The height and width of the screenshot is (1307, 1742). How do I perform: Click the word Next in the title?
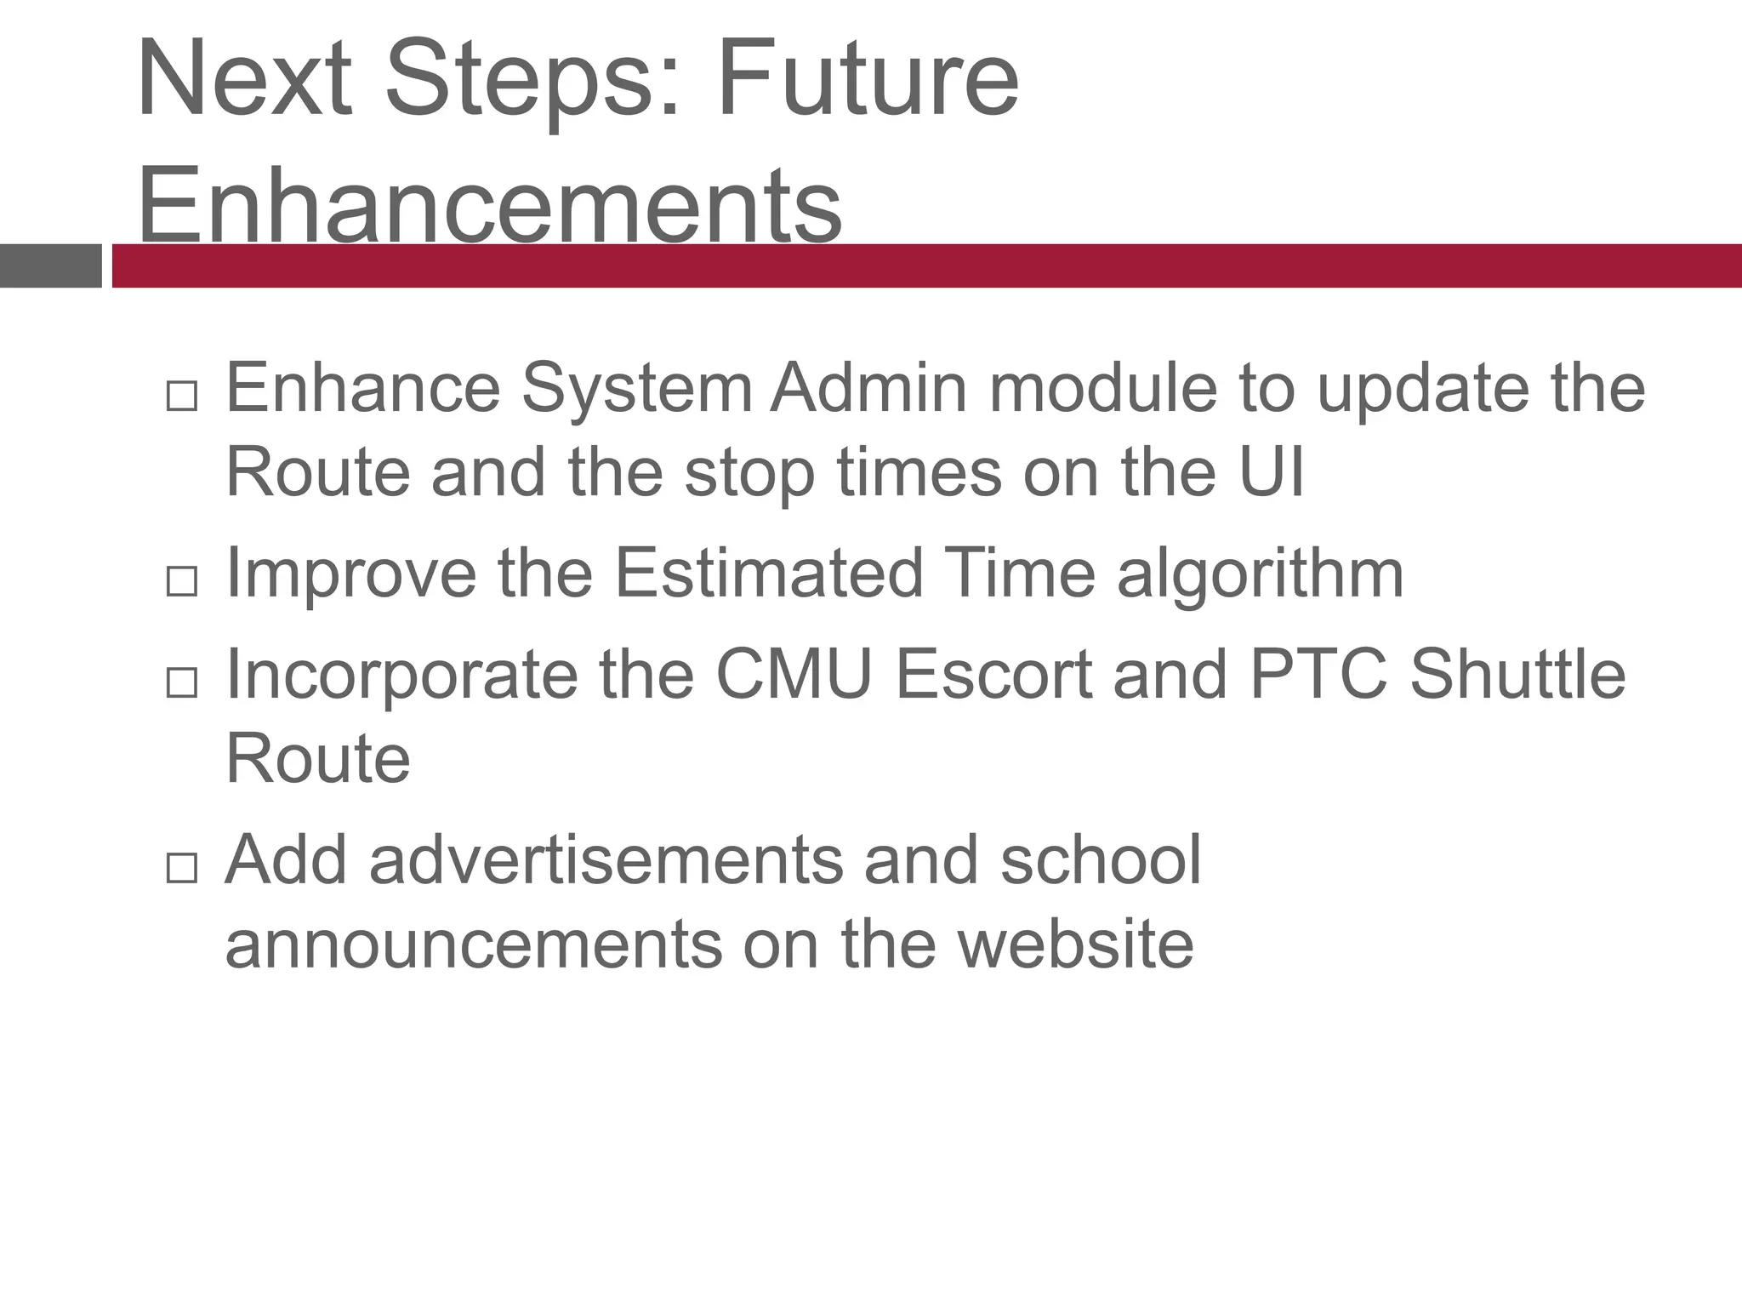click(x=244, y=78)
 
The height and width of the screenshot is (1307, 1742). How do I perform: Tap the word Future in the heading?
click(x=868, y=78)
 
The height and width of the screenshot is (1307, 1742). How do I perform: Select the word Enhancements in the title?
click(x=490, y=204)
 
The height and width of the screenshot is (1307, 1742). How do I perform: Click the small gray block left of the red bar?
click(x=50, y=265)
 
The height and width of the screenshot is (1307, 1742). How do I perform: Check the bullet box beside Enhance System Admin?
click(x=182, y=396)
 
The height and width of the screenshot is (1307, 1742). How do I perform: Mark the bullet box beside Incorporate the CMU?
click(x=182, y=682)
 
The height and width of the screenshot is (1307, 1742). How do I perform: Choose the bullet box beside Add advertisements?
click(x=182, y=868)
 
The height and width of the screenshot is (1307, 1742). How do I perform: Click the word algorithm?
click(x=1260, y=574)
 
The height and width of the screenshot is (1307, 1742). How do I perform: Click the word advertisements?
click(x=606, y=859)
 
